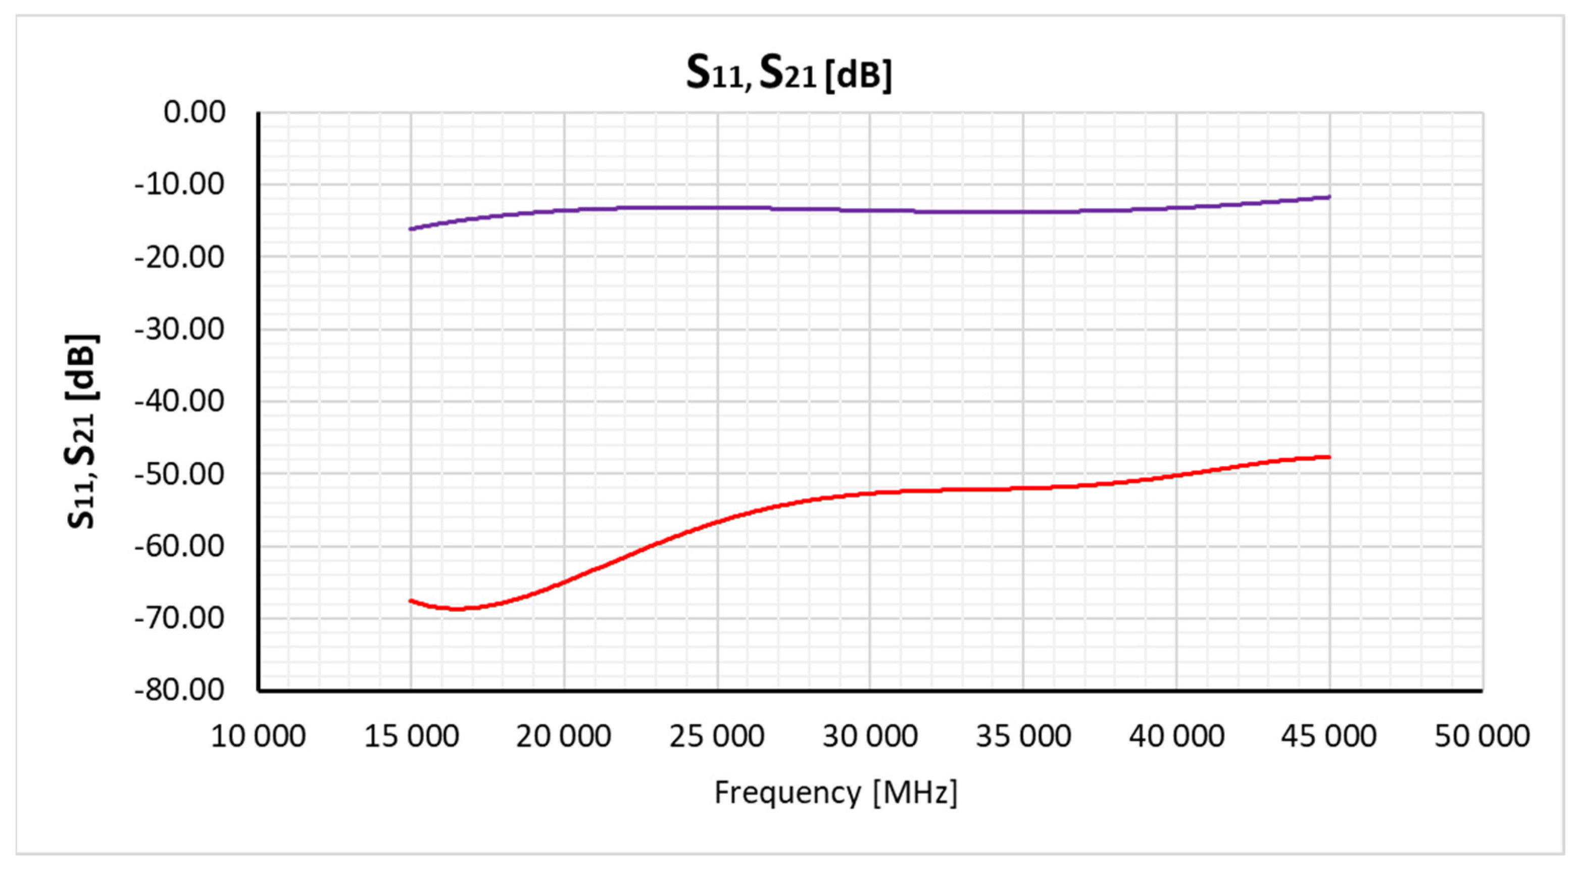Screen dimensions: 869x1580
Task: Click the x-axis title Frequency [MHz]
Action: pyautogui.click(x=835, y=792)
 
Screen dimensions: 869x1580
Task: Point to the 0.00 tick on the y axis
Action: pyautogui.click(x=194, y=112)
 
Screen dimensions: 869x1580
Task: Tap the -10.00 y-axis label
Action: pyautogui.click(x=180, y=184)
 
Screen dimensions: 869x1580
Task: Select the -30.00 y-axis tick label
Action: pyautogui.click(x=180, y=329)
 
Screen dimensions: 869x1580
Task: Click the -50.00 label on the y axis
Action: pyautogui.click(x=180, y=474)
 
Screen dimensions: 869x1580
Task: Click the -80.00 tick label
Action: pyautogui.click(x=180, y=691)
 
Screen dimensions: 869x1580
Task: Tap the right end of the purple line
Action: pyautogui.click(x=1329, y=197)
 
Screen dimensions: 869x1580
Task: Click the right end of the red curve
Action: pyautogui.click(x=1329, y=456)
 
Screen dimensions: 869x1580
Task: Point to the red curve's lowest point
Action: pyautogui.click(x=458, y=609)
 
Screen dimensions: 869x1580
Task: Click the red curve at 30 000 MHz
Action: pyautogui.click(x=870, y=493)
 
